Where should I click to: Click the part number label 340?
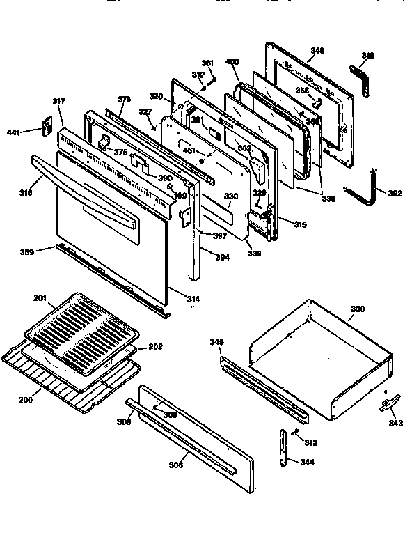(317, 51)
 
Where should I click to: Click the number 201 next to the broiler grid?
(40, 298)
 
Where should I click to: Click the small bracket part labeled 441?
(48, 127)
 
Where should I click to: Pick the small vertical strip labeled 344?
(283, 451)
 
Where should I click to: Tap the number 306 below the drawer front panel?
(176, 465)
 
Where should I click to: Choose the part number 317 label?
(58, 102)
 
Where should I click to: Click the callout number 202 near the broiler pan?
(156, 347)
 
